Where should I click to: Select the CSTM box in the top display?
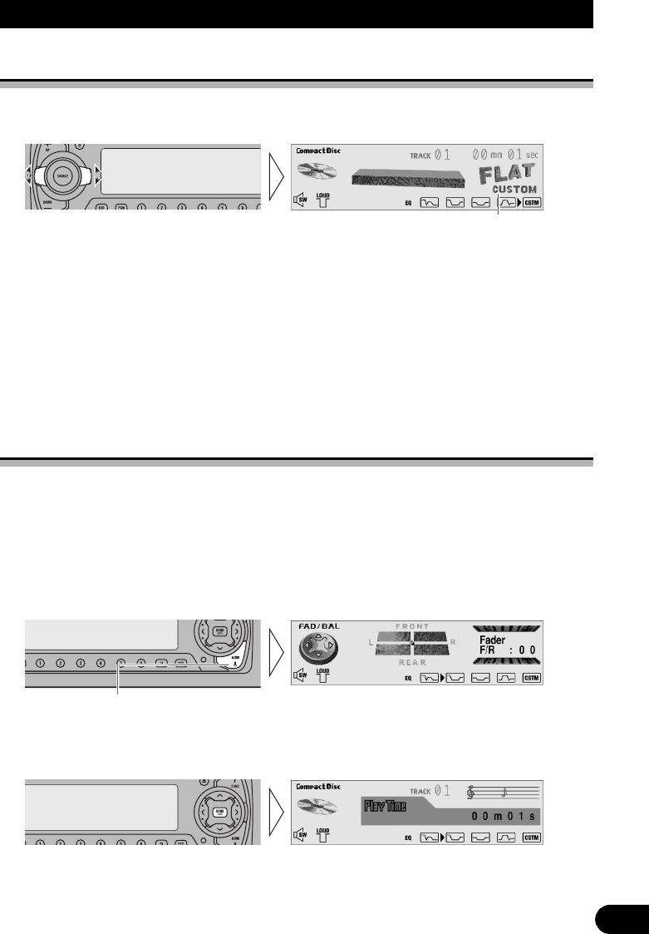[531, 202]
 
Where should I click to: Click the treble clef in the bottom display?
[474, 793]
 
